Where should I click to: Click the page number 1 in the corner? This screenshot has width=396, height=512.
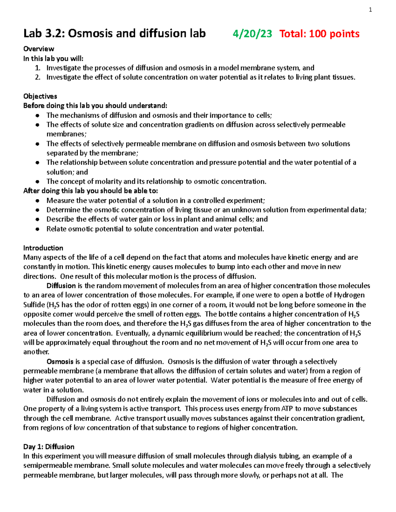point(370,10)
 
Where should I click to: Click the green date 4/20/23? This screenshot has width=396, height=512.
point(252,34)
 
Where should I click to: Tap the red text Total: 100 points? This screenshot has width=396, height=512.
point(319,34)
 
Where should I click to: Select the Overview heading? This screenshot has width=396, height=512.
point(39,49)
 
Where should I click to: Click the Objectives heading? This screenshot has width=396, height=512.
point(40,96)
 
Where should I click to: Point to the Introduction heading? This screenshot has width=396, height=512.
point(43,248)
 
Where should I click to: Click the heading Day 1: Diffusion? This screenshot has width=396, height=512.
point(49,447)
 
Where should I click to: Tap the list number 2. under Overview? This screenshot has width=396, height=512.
point(38,77)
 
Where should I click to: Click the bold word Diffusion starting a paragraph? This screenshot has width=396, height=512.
point(61,286)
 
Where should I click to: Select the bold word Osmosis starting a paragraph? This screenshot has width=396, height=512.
point(60,362)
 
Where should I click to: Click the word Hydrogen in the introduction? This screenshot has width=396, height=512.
point(349,295)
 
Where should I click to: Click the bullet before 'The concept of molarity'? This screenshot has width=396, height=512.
point(38,182)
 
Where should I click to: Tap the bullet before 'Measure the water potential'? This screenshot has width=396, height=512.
point(38,201)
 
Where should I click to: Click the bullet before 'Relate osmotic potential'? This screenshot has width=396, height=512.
point(38,229)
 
